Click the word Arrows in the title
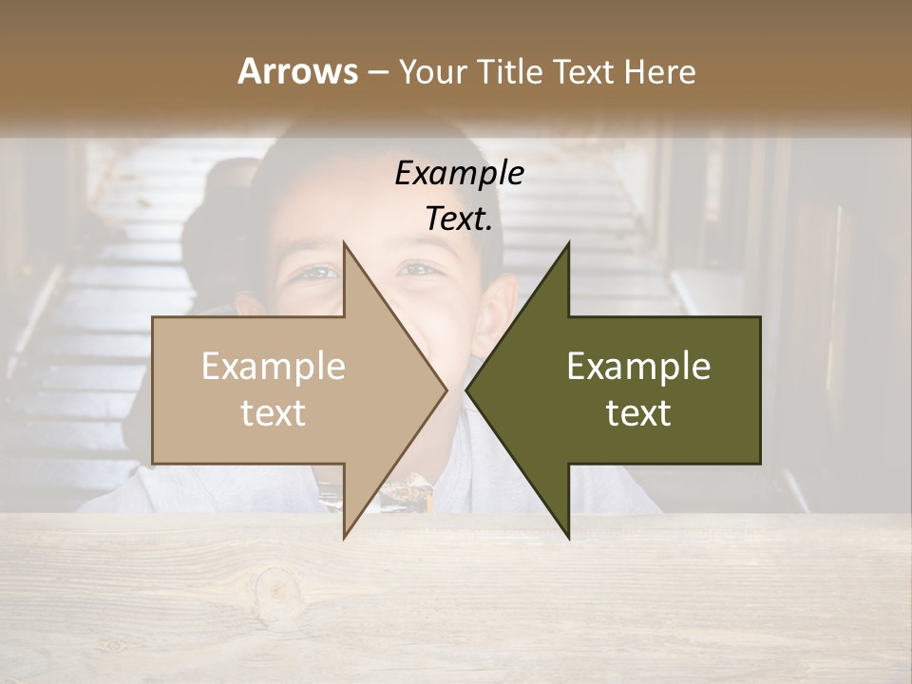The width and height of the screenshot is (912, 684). pos(297,71)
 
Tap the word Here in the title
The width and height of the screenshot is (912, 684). pos(659,71)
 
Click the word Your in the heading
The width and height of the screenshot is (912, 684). pos(432,72)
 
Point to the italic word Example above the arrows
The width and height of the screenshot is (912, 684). pos(459,173)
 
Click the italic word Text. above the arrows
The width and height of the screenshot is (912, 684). pos(459,218)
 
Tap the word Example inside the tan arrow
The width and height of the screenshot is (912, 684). pos(274,367)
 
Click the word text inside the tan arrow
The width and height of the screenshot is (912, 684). pos(274,412)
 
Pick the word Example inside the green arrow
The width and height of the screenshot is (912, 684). pos(638,367)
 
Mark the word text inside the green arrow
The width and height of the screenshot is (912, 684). pos(638,412)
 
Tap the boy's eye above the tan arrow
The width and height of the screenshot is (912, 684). pos(318,274)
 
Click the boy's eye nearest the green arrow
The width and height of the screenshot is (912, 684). pos(418,270)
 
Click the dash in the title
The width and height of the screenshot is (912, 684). pos(377,72)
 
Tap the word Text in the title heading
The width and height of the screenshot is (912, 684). pos(584,71)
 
